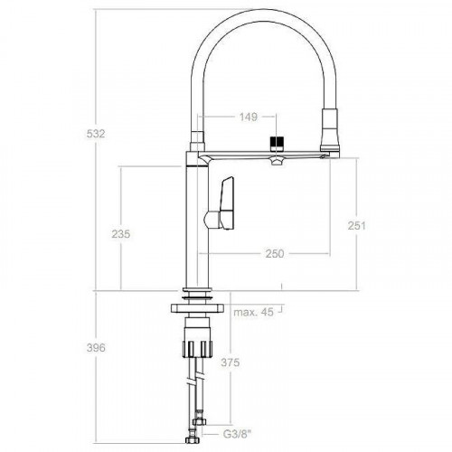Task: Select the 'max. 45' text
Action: click(253, 313)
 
